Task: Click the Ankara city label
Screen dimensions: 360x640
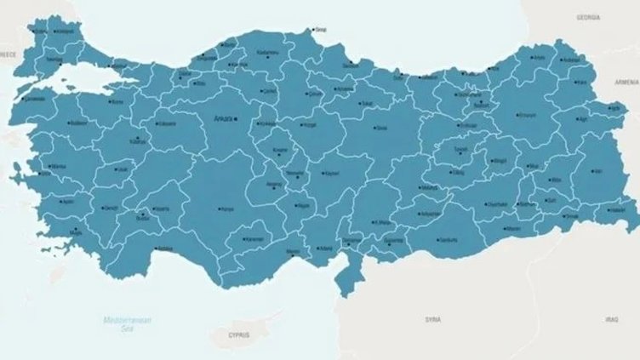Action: point(223,117)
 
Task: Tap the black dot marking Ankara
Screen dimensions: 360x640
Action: point(237,117)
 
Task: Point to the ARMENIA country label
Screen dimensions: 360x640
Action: point(626,82)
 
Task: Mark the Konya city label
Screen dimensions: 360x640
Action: point(227,209)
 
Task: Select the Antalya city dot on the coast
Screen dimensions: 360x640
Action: point(155,248)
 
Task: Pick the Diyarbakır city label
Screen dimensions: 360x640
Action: point(498,204)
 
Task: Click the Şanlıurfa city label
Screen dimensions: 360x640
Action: point(449,240)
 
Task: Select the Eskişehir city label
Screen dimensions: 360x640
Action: point(166,123)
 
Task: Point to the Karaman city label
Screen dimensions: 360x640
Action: point(254,239)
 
